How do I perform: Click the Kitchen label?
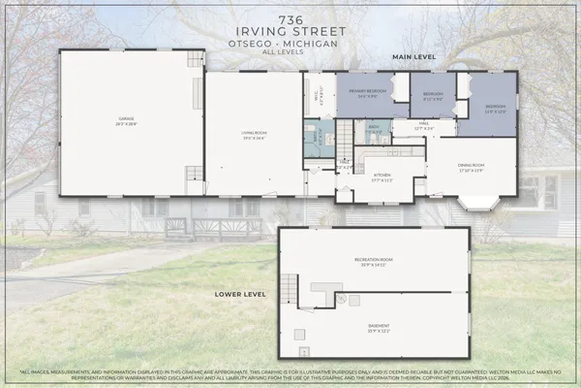tap(381, 177)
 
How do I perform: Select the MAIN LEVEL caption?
tap(413, 57)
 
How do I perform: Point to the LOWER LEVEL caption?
tap(240, 291)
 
